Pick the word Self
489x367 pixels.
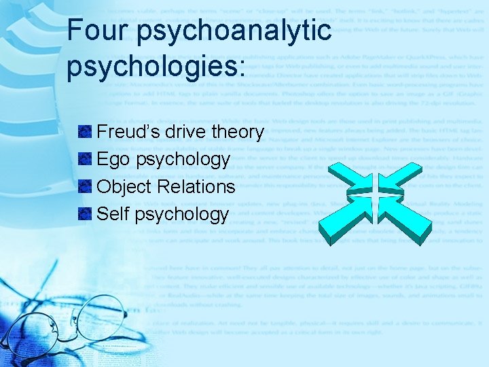click(113, 214)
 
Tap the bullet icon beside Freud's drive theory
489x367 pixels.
click(86, 133)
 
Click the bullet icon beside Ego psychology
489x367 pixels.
click(86, 160)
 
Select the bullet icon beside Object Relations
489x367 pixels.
click(86, 187)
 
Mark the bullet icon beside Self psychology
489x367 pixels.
click(86, 215)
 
